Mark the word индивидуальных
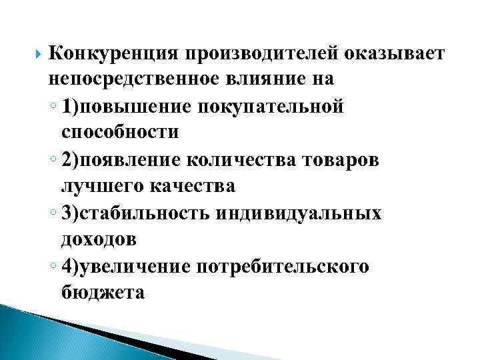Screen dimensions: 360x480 pyautogui.click(x=306, y=213)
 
